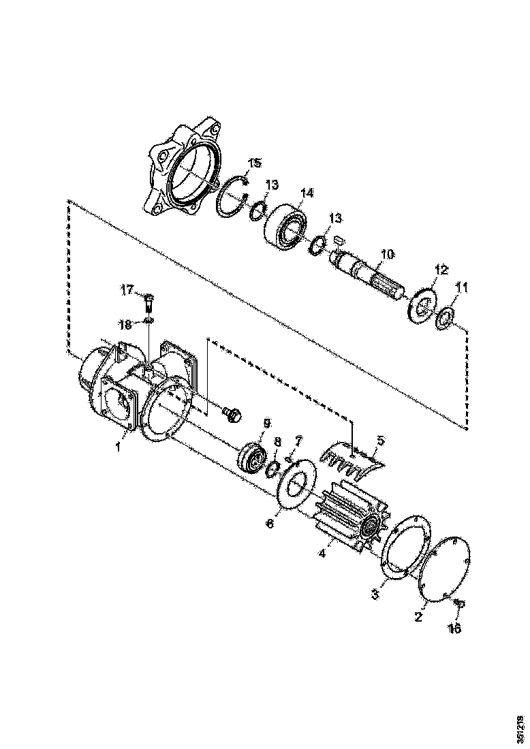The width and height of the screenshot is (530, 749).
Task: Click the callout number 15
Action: coord(254,163)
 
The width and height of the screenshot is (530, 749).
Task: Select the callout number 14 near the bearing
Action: coord(307,193)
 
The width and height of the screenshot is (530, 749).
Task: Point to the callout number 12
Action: coord(441,270)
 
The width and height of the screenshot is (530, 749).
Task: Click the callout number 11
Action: coord(461,288)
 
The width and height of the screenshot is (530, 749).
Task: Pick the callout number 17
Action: coord(128,290)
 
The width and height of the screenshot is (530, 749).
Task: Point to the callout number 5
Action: coord(380,440)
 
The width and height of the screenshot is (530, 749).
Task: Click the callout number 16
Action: coord(454,628)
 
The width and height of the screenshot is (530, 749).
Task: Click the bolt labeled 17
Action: coord(150,299)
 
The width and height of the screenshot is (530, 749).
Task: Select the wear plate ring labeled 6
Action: coord(294,485)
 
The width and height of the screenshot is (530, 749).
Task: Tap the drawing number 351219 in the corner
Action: coord(520,729)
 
